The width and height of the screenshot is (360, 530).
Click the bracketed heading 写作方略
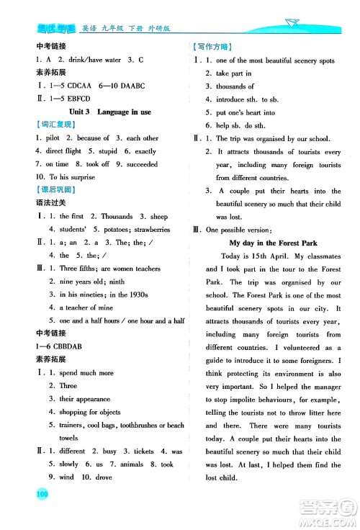point(211,47)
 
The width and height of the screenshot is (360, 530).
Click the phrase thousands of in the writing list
point(235,86)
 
